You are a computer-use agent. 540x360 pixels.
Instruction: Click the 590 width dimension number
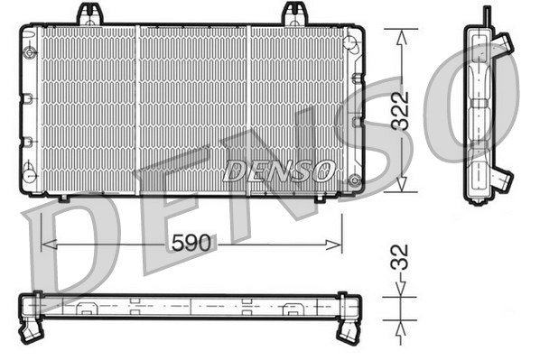click(191, 244)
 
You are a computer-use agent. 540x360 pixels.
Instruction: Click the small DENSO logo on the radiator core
click(279, 170)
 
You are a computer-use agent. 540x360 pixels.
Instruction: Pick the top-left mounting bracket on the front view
click(89, 14)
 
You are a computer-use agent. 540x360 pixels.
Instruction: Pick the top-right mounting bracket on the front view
click(294, 14)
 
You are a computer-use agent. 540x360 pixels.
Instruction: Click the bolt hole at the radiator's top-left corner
click(31, 51)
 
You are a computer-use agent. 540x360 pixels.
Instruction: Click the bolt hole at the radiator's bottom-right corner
click(353, 180)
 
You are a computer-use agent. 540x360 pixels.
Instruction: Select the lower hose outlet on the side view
click(501, 179)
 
